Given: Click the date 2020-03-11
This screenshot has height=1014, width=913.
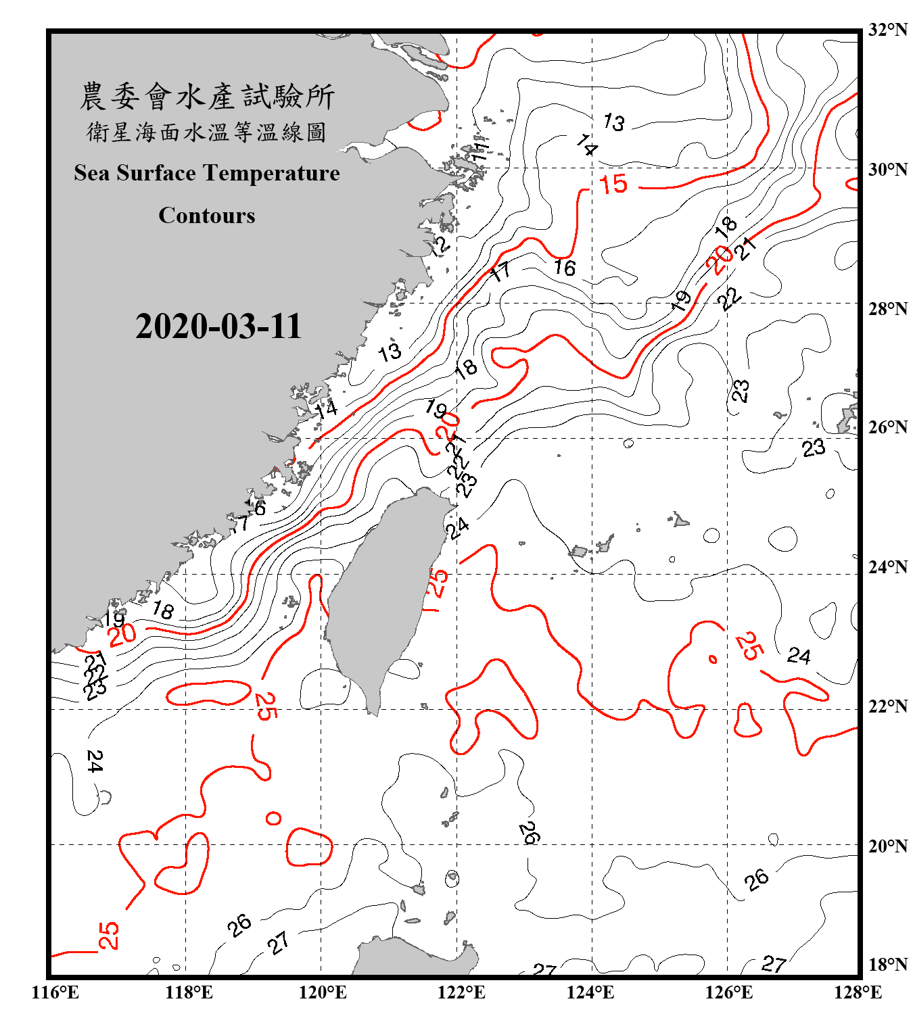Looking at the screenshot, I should tap(218, 327).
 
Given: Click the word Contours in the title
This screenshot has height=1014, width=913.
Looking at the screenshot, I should tap(207, 216).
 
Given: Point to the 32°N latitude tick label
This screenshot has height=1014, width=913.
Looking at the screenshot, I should tap(887, 30).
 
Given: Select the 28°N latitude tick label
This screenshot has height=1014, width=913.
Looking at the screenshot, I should tap(887, 309).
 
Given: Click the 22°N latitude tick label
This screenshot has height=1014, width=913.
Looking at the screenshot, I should tap(887, 706).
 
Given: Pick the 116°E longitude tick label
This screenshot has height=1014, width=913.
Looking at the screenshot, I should tap(55, 992).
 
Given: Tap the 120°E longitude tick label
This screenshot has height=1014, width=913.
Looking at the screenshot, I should tap(323, 992).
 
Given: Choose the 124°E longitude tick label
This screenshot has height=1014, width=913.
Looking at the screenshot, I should tap(590, 992).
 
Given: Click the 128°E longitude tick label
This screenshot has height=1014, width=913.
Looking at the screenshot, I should tap(858, 992).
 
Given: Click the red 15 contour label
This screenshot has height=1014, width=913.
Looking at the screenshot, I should tap(613, 185).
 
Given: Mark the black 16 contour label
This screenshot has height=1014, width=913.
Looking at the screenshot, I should tap(565, 268).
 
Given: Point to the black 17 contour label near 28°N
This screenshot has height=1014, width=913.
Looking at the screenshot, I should tap(500, 272).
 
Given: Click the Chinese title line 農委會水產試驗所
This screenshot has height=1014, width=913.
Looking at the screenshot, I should tap(207, 97).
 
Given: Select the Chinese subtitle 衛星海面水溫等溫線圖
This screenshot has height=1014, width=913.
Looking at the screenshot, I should tap(207, 132).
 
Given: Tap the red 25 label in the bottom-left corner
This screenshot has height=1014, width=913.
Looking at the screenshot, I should tap(109, 936).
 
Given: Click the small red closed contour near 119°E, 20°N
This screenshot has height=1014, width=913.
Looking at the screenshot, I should tap(273, 819).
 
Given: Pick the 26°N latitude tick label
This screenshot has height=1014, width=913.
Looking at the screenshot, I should tap(887, 427).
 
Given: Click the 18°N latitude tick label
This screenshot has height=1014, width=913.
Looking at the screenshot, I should tap(887, 965).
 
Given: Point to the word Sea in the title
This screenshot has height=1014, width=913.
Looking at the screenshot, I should tap(93, 173).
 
